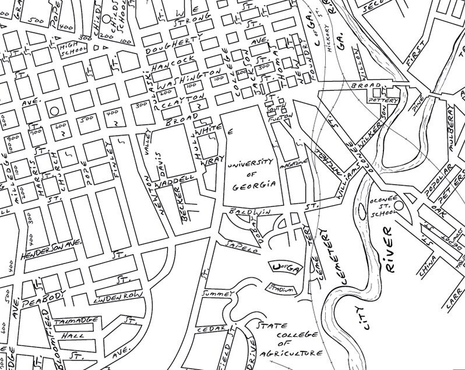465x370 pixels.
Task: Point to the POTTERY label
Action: [383, 100]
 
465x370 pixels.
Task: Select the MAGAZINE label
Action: [293, 165]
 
